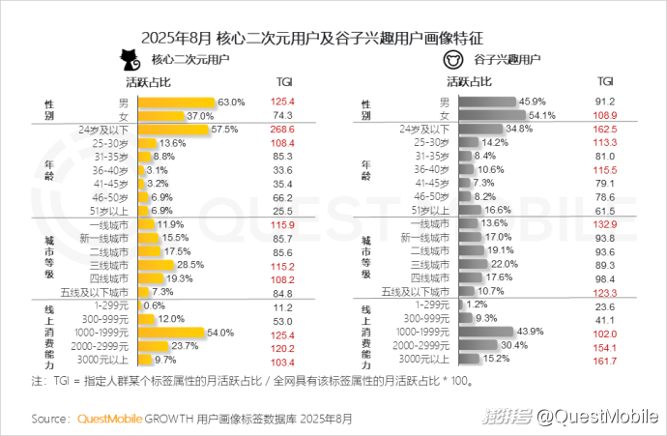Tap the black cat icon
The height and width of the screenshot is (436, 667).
[x=124, y=59]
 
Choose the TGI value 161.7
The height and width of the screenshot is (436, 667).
[x=605, y=359]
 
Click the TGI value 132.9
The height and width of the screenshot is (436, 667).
[x=605, y=223]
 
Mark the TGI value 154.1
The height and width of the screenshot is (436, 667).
[x=605, y=345]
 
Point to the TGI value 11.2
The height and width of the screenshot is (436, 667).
[x=284, y=305]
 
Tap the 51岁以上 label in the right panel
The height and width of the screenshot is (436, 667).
[x=430, y=210]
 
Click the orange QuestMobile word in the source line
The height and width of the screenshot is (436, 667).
[x=109, y=419]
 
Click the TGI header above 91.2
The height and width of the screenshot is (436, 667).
[x=605, y=83]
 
